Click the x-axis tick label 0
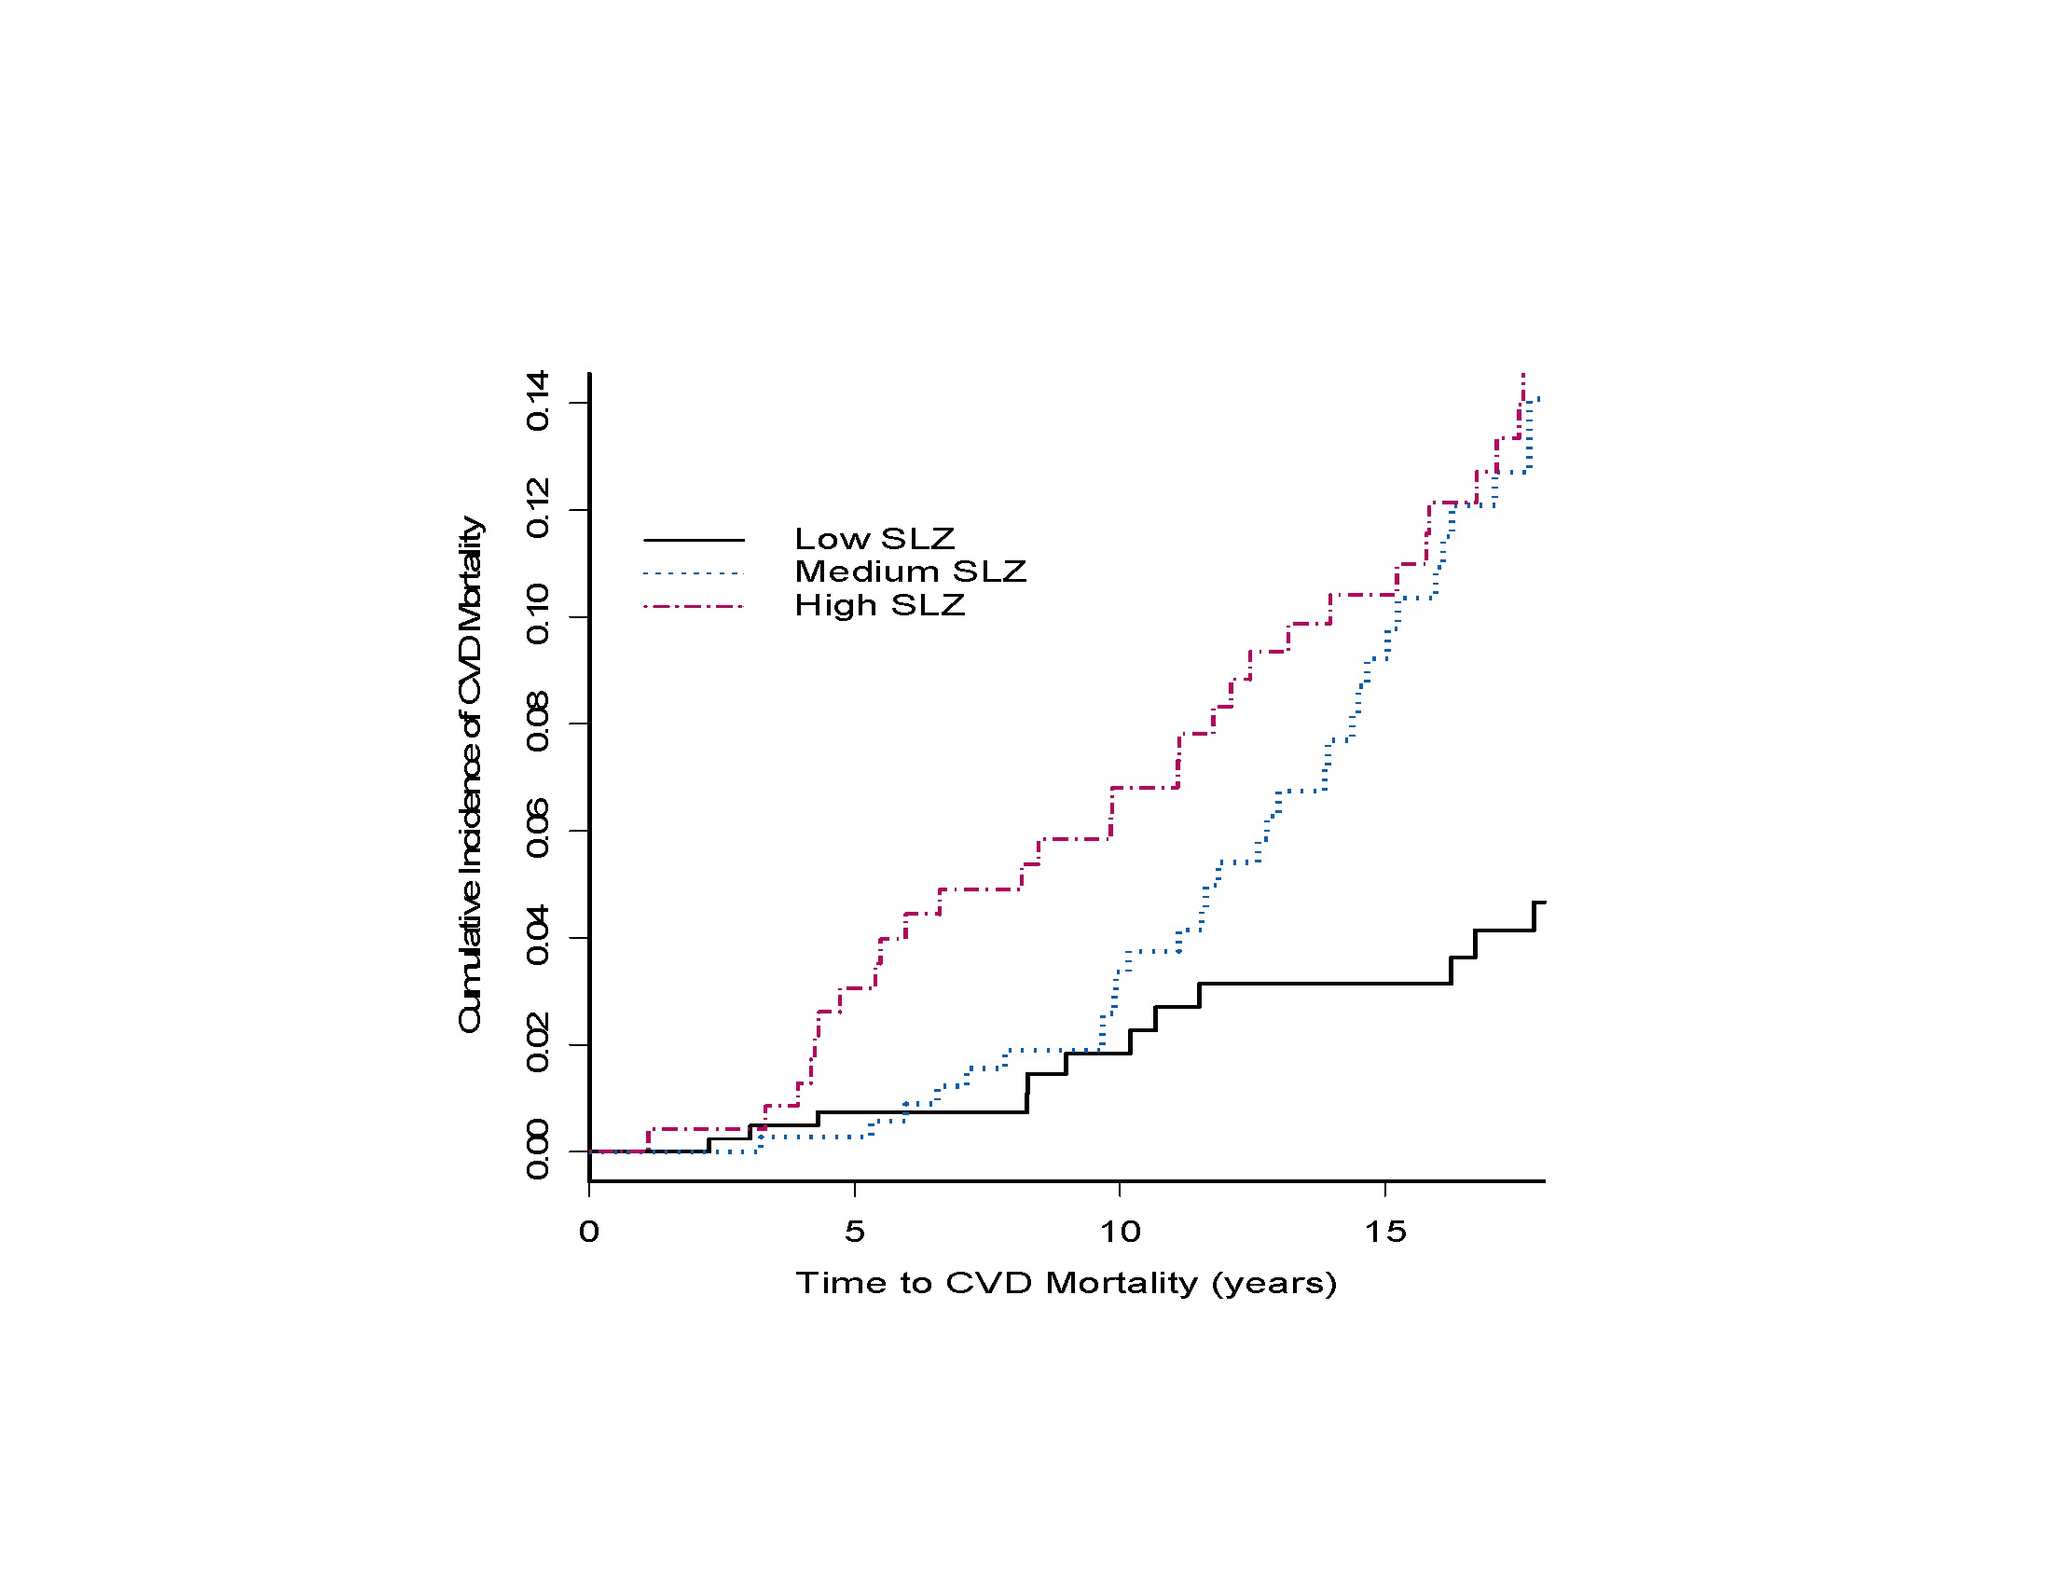point(589,1232)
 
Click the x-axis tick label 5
point(854,1232)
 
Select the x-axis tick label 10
point(1120,1232)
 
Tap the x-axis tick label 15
point(1385,1232)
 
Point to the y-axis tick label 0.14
point(538,401)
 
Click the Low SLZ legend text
point(874,539)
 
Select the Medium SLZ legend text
point(910,572)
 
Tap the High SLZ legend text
point(879,606)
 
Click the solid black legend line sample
point(694,541)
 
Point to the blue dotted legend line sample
point(694,573)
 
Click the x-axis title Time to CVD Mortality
point(1066,1284)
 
